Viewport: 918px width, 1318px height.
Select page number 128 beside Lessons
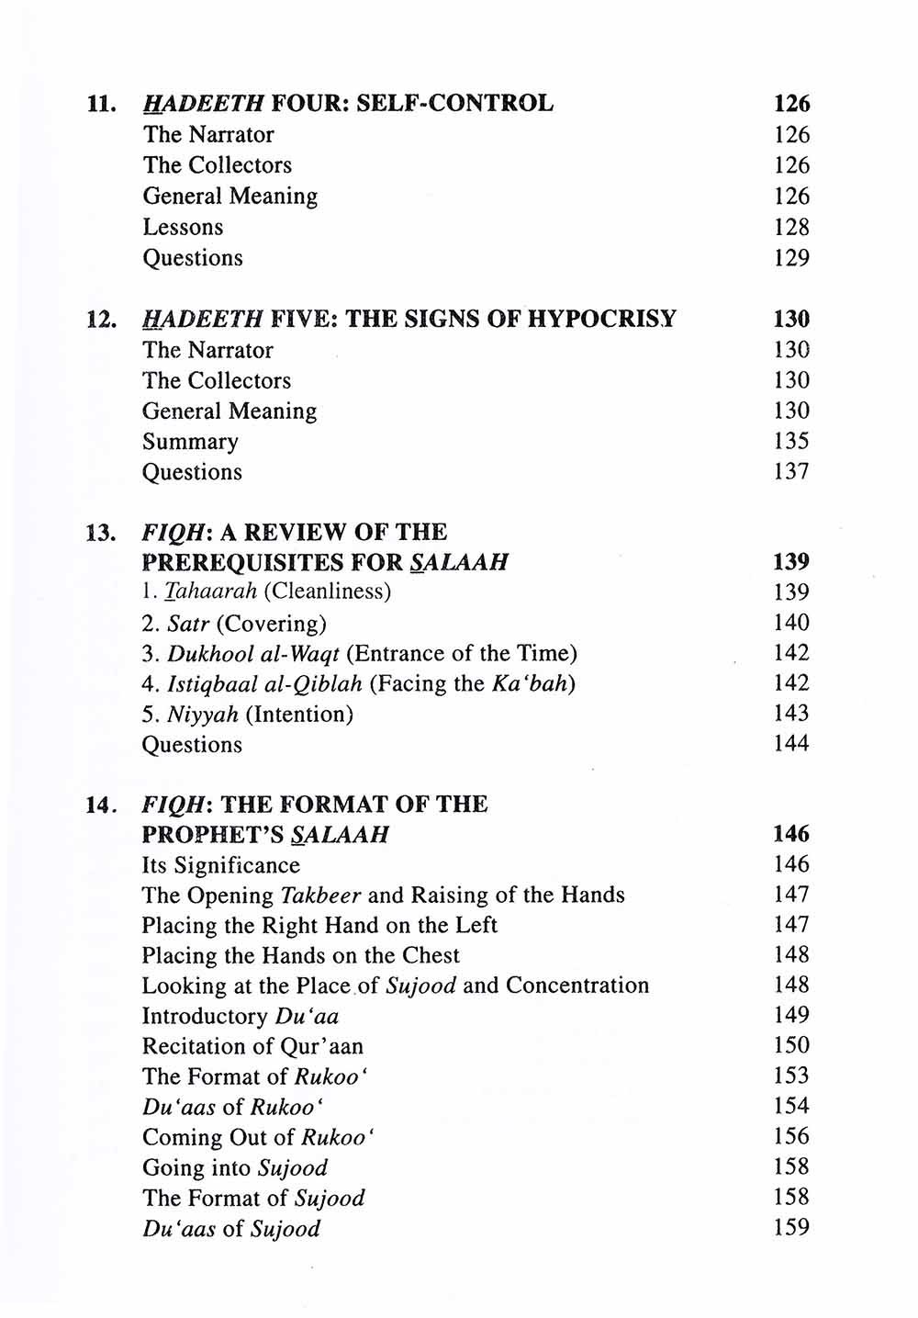(x=791, y=227)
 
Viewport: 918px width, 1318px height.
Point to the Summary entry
(x=190, y=442)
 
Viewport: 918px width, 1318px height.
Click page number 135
(x=791, y=442)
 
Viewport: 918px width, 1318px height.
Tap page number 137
(x=791, y=472)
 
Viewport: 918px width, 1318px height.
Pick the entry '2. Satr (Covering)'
(x=234, y=624)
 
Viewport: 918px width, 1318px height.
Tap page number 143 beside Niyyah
(x=791, y=714)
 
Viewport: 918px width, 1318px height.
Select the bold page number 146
(x=791, y=835)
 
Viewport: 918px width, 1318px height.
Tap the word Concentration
(x=577, y=986)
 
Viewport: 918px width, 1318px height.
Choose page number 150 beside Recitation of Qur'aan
(x=791, y=1046)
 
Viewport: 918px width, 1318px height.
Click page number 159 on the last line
(x=791, y=1228)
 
